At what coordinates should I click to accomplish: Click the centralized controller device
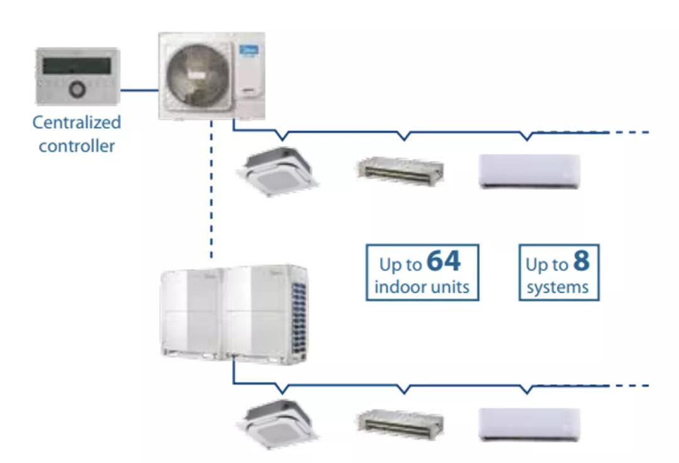coord(77,76)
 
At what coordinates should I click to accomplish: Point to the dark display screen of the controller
coord(75,65)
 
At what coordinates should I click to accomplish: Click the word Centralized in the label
coord(77,122)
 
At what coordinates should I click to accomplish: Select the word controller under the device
coord(77,146)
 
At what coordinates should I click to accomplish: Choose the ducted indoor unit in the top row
coord(400,169)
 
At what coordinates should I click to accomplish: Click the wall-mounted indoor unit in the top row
coord(529,170)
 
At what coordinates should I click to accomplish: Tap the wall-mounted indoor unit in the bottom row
coord(529,424)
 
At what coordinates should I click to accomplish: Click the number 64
coord(443,262)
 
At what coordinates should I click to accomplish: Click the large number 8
coord(582,260)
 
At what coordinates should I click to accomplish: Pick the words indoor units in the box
coord(422,287)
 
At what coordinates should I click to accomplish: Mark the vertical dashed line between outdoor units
coord(212,189)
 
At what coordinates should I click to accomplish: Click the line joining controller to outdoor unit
coord(139,90)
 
